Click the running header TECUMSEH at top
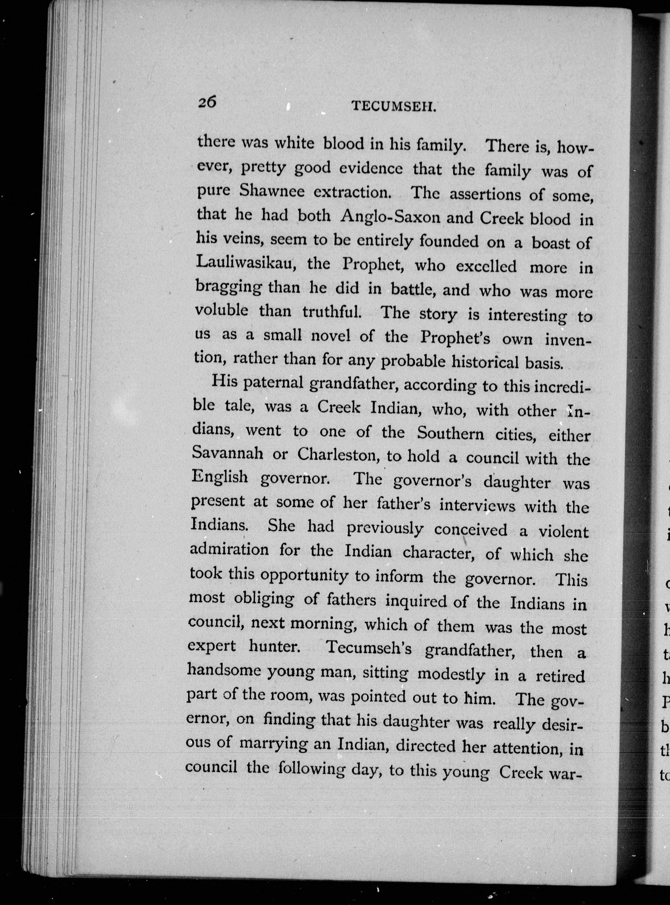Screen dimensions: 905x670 click(x=393, y=107)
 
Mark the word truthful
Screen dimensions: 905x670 click(x=332, y=312)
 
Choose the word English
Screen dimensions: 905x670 click(x=219, y=476)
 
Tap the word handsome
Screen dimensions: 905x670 click(x=224, y=670)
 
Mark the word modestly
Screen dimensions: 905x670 click(x=451, y=674)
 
